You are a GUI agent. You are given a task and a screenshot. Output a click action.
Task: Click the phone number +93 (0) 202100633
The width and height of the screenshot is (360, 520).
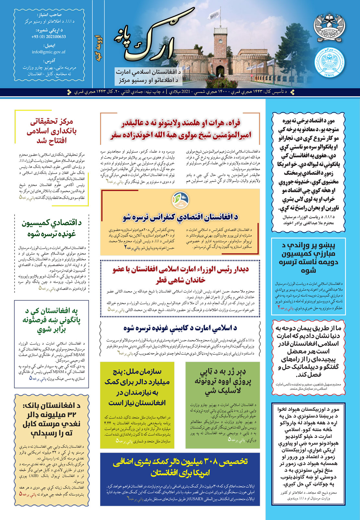point(49,37)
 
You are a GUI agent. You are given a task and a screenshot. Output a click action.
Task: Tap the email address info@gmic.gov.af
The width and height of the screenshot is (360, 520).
point(49,52)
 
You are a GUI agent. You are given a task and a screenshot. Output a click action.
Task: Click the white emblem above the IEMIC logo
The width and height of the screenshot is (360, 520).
point(330,26)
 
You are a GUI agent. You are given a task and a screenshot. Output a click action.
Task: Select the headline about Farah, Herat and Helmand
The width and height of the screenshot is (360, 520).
point(180,129)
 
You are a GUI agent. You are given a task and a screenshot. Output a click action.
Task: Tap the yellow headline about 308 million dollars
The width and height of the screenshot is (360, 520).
point(180,467)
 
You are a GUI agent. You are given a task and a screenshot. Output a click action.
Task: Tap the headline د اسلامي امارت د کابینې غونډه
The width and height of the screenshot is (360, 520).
point(180,328)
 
